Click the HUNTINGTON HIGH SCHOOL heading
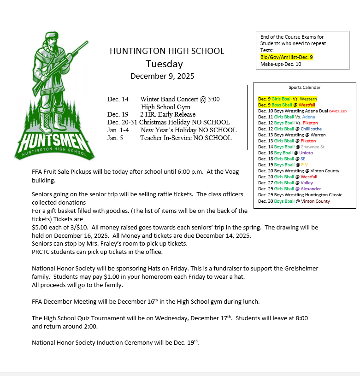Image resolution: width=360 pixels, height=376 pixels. click(x=166, y=51)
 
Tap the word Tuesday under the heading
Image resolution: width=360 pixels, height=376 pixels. click(x=164, y=64)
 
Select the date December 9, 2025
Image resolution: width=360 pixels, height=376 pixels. click(x=162, y=76)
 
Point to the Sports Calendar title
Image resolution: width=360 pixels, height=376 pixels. click(x=304, y=87)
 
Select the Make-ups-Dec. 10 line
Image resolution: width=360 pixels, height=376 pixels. click(x=280, y=64)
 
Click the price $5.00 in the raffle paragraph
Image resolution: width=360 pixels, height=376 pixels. click(x=40, y=227)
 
